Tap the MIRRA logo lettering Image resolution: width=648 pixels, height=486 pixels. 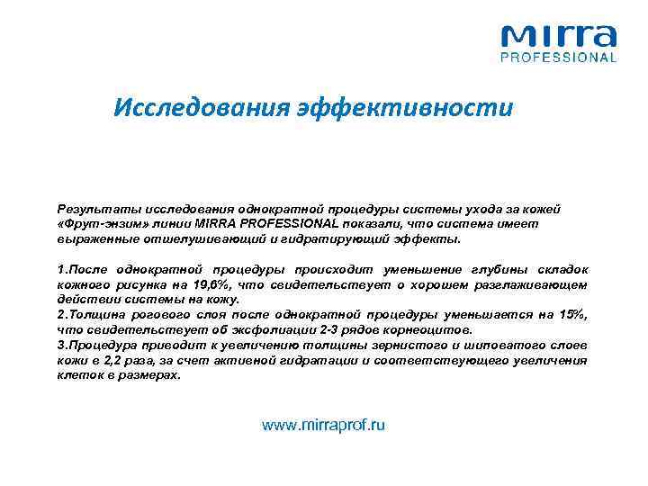click(558, 37)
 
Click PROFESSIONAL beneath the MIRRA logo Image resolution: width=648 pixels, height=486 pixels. click(558, 58)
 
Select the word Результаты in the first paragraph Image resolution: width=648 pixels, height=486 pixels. click(92, 208)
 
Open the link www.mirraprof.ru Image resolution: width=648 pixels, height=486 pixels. click(323, 425)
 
